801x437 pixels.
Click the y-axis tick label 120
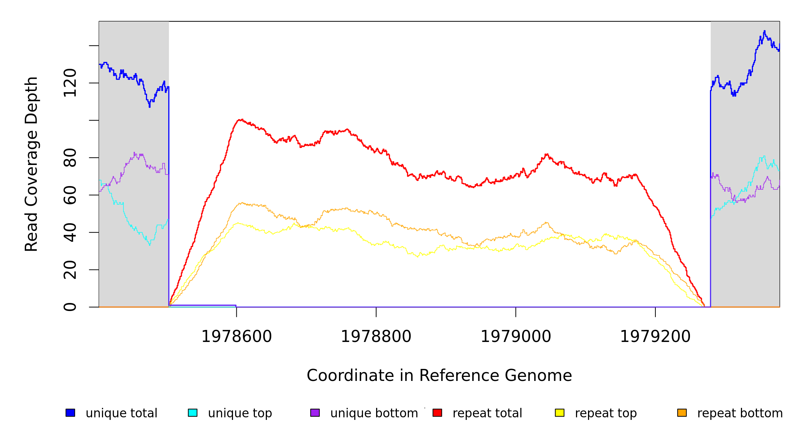[70, 83]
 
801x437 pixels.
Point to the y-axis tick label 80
[70, 158]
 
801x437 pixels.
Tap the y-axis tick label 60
[70, 195]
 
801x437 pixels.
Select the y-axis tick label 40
[70, 232]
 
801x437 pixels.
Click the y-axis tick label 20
[70, 270]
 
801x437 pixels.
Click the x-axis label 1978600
[237, 336]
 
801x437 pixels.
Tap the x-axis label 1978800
[376, 336]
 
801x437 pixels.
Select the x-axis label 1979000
[516, 336]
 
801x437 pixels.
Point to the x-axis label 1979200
[655, 336]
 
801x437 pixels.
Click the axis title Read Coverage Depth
[31, 164]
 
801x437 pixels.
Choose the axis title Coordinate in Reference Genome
[439, 375]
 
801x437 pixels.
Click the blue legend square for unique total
[70, 413]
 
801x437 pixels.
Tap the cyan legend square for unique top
[193, 413]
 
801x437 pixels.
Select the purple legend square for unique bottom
[315, 413]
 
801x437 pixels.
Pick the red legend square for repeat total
[437, 413]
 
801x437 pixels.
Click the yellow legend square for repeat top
[560, 413]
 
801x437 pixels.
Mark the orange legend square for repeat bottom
[682, 413]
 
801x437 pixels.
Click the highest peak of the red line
[240, 119]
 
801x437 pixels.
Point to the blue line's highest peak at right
[764, 31]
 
